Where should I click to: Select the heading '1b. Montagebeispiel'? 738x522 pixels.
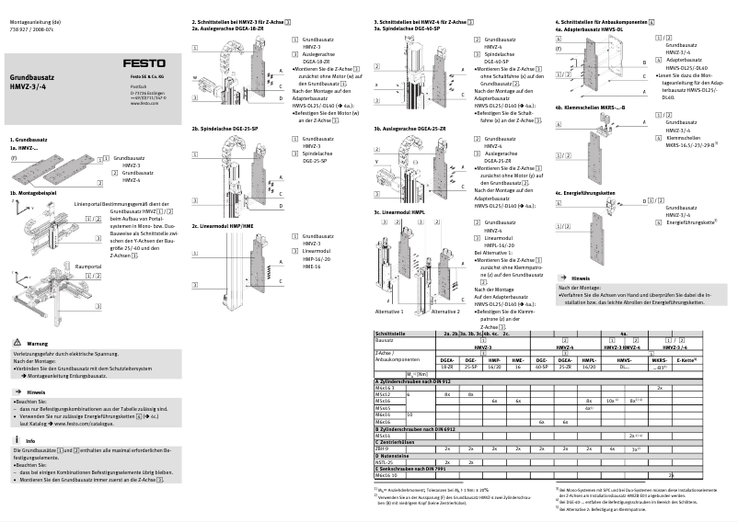32,167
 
